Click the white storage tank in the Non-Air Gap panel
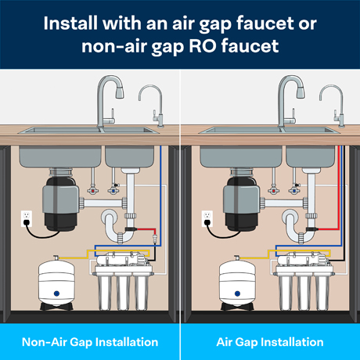point(56,283)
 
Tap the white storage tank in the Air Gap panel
point(237,283)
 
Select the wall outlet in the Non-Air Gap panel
point(27,218)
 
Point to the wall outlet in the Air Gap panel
point(207,218)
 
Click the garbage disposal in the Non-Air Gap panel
point(61,200)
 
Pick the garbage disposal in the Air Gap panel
point(242,200)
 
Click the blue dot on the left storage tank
point(56,293)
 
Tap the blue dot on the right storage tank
point(237,293)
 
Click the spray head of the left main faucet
point(120,92)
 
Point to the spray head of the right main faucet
point(301,92)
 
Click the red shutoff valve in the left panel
point(92,191)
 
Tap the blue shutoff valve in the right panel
point(294,191)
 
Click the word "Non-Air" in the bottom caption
point(44,342)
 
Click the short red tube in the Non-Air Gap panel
point(146,230)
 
